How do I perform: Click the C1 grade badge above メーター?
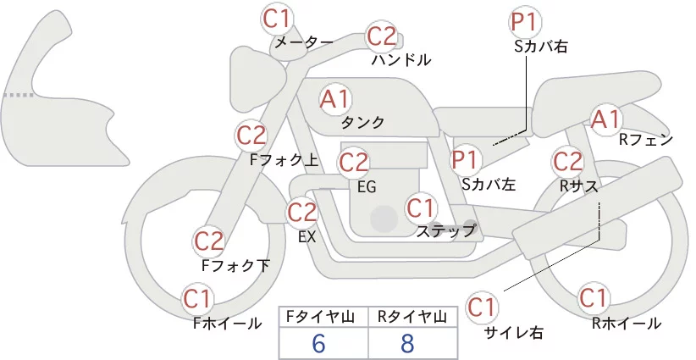(276, 19)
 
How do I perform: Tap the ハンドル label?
(401, 60)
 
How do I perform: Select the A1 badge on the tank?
(334, 99)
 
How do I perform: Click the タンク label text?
(362, 123)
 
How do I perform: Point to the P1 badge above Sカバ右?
(524, 22)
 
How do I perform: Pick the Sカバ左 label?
(489, 184)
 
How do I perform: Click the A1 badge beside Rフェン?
(605, 119)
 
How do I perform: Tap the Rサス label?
(579, 187)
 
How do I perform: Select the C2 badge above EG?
(353, 163)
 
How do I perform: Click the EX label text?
(307, 237)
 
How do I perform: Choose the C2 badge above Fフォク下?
(208, 241)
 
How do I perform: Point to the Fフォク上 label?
(284, 160)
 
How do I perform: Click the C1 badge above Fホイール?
(196, 299)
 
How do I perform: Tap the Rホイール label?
(627, 324)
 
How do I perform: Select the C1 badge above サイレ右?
(482, 307)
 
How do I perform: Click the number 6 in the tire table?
(318, 343)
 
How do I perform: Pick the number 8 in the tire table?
(407, 343)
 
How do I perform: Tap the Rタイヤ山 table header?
(412, 317)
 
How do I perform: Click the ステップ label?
(445, 231)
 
